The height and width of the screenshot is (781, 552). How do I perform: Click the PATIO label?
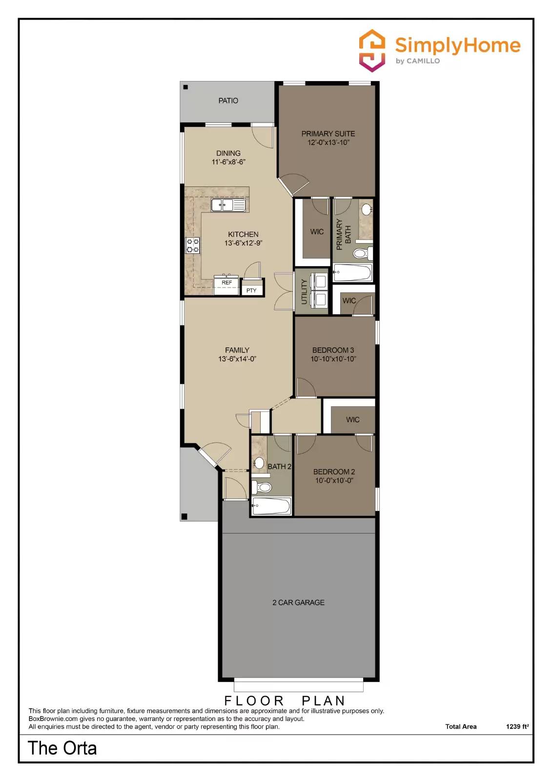point(228,101)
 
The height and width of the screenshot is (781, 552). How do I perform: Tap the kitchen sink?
point(228,205)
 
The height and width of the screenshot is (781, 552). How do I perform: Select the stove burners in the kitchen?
point(192,246)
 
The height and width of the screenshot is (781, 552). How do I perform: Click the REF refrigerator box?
point(227,283)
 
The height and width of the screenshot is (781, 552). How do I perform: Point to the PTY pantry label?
point(251,290)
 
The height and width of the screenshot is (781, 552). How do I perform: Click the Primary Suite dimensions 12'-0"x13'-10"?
point(328,143)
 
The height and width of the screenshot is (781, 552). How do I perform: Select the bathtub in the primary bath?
point(352,272)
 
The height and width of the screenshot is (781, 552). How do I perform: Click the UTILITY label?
point(304,291)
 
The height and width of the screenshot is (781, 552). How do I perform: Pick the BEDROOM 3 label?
point(333,350)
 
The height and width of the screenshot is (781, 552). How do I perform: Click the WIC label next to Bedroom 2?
point(352,420)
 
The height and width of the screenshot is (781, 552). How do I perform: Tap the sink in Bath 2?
point(259,462)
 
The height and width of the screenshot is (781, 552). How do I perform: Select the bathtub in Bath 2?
point(271,506)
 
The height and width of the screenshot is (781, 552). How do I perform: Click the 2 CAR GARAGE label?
point(298,602)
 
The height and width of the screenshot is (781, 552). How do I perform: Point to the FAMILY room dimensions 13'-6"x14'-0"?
point(237,359)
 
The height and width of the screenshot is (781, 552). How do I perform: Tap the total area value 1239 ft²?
point(517,726)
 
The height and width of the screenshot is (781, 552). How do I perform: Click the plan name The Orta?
point(62,748)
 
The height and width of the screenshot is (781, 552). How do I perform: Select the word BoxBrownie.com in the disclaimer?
point(53,719)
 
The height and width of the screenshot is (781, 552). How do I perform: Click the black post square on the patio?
point(185,87)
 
